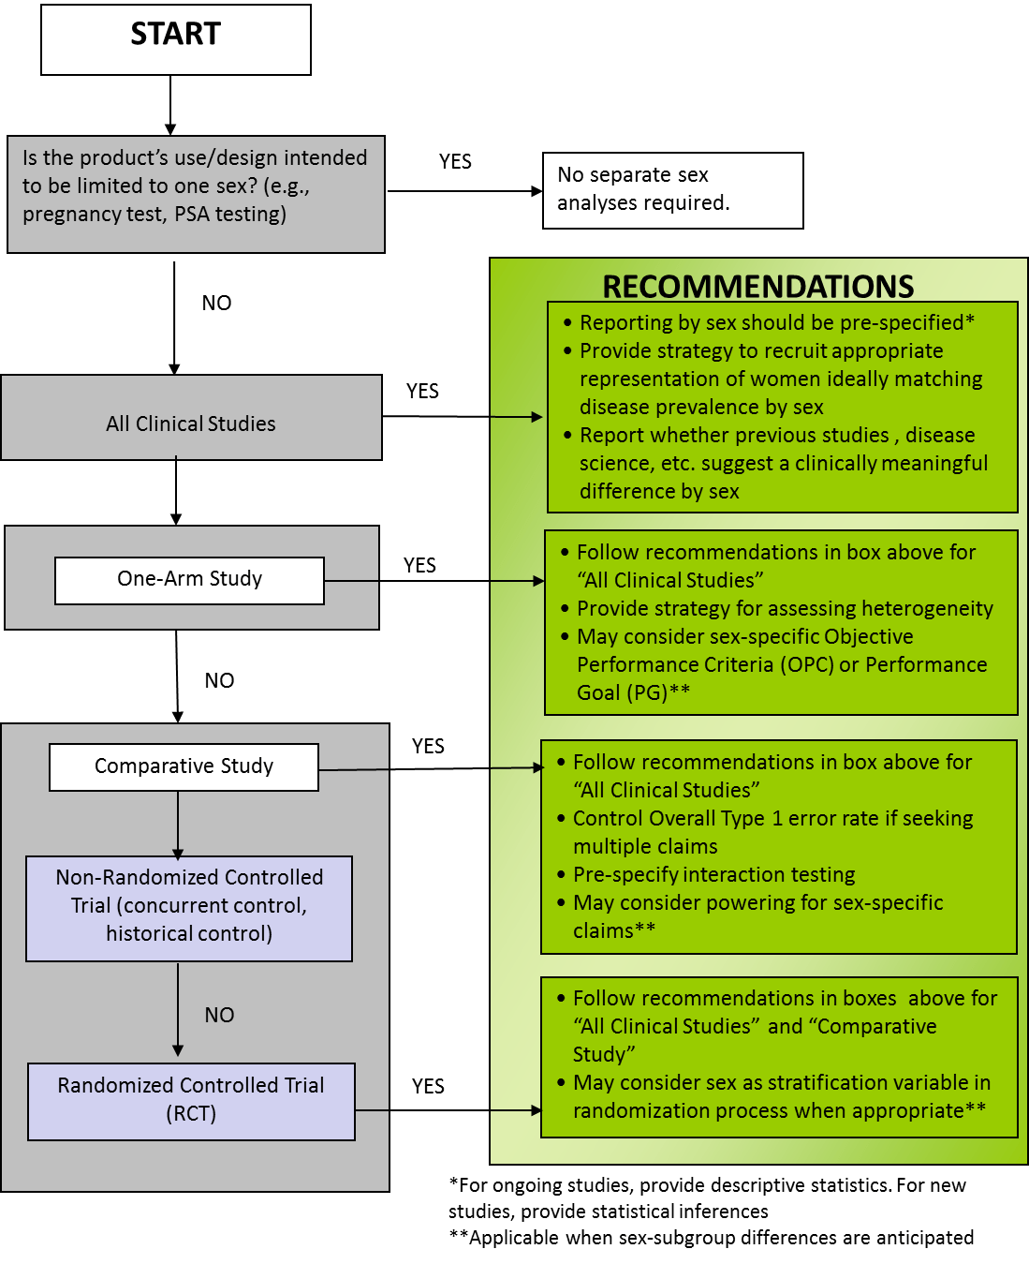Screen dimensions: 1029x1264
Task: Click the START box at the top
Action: [x=175, y=39]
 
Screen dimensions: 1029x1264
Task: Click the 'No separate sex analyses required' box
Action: [x=672, y=190]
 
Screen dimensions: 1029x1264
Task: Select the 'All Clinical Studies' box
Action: [x=191, y=417]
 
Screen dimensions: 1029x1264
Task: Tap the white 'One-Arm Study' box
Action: [x=189, y=580]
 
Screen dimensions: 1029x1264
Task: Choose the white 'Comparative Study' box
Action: [x=184, y=766]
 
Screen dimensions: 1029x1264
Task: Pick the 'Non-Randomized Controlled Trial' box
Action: [x=188, y=908]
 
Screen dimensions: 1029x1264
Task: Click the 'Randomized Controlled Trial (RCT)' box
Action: [x=191, y=1101]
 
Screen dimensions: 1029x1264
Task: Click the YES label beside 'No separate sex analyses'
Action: [x=455, y=161]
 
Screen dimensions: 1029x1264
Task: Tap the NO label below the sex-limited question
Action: [x=216, y=303]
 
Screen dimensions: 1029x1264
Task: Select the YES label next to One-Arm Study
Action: [x=419, y=565]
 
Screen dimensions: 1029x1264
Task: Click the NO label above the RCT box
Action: [x=219, y=1015]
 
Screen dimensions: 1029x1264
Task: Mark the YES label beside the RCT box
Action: [x=428, y=1086]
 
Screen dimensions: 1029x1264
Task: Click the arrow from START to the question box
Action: [x=170, y=105]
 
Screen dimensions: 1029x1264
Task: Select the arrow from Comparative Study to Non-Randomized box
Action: [x=178, y=825]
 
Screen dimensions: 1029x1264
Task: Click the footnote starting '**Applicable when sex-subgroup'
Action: [x=711, y=1237]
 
